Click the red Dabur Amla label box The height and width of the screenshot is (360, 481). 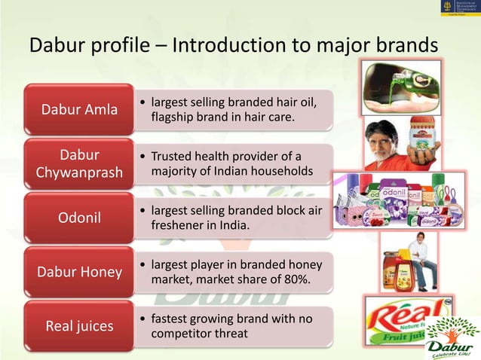[79, 110]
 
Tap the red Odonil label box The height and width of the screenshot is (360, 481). [79, 218]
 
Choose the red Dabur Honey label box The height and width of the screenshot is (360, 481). [79, 273]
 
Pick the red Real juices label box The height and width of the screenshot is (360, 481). [79, 326]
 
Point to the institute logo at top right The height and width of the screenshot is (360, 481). [455, 11]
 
